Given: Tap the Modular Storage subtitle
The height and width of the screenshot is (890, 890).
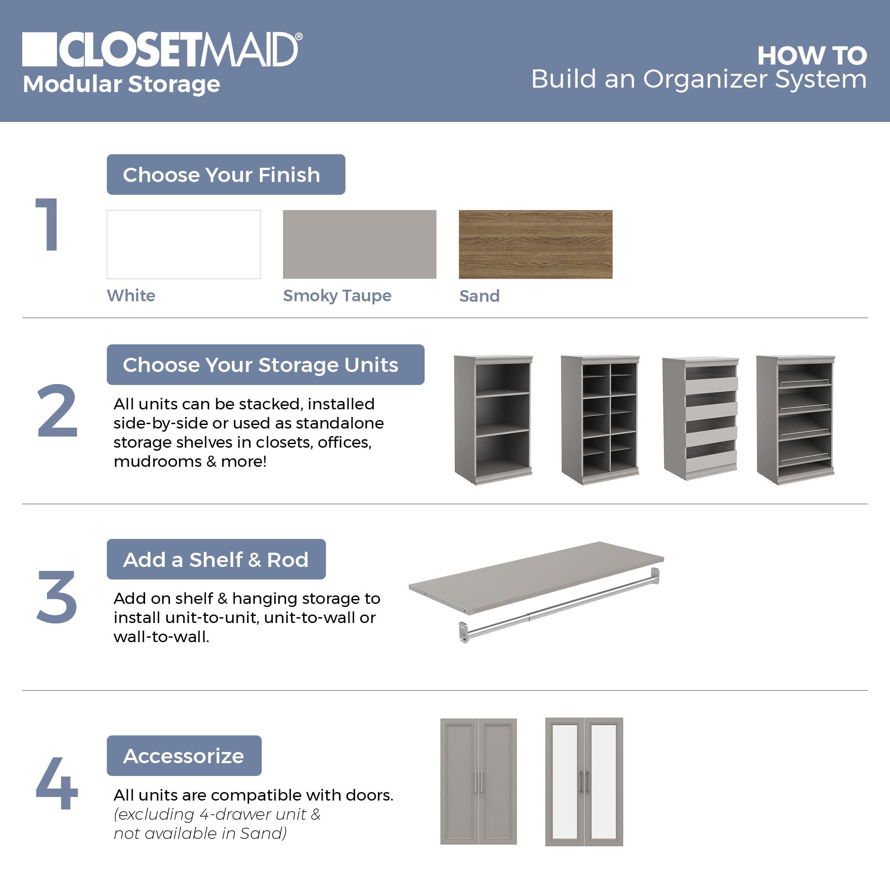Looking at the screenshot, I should pyautogui.click(x=121, y=84).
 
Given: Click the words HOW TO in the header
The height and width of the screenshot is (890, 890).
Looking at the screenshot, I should pyautogui.click(x=812, y=56).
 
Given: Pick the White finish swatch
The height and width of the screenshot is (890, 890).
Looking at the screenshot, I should pyautogui.click(x=183, y=244).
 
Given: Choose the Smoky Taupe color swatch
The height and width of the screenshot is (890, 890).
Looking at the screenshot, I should pyautogui.click(x=359, y=244).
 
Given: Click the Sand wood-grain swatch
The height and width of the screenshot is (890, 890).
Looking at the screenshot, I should pyautogui.click(x=535, y=244).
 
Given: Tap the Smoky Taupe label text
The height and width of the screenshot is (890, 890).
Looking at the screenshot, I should pyautogui.click(x=337, y=296).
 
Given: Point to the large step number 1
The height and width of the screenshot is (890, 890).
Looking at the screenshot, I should pyautogui.click(x=48, y=224).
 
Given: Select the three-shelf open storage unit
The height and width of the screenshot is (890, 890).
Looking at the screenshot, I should pyautogui.click(x=493, y=419).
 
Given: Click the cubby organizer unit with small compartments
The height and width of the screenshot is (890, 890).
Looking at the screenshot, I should pyautogui.click(x=600, y=419).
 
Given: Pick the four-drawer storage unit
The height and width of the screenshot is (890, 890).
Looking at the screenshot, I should pyautogui.click(x=700, y=419).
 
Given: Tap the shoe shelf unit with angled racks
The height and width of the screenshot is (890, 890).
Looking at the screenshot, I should pyautogui.click(x=796, y=419).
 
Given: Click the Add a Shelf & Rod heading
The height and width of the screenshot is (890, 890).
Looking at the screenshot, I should pyautogui.click(x=216, y=559).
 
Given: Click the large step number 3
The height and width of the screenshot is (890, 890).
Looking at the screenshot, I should pyautogui.click(x=57, y=597).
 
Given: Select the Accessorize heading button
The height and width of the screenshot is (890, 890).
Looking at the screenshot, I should pyautogui.click(x=184, y=756).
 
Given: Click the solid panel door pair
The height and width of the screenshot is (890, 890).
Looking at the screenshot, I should pyautogui.click(x=478, y=782).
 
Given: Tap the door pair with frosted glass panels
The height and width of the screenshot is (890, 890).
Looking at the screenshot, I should pyautogui.click(x=584, y=782).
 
